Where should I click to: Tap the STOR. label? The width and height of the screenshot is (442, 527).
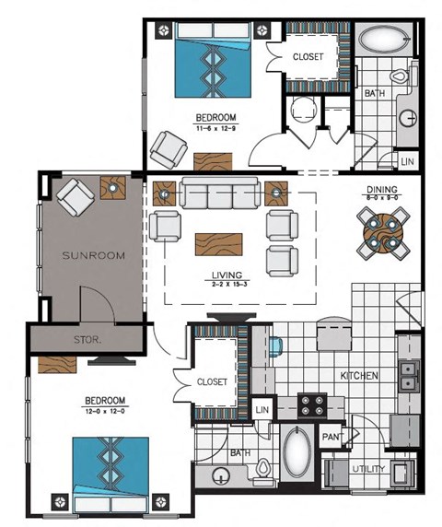coord(87,339)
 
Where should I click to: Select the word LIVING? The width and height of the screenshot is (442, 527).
coord(225,275)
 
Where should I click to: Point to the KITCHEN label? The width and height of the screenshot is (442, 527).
coord(361,376)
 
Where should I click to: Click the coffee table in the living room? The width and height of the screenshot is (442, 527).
coord(219,244)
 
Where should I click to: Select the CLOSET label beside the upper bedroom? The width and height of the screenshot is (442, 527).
coord(308,56)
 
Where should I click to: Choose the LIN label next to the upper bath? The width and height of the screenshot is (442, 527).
coord(408,162)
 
